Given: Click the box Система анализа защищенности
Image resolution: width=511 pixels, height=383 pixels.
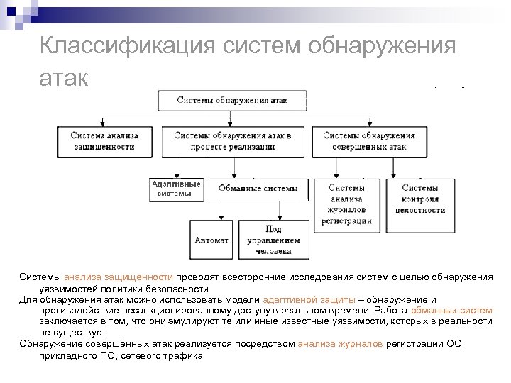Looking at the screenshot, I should click(x=104, y=140).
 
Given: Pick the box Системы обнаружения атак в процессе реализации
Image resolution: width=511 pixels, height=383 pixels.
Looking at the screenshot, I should click(x=232, y=140).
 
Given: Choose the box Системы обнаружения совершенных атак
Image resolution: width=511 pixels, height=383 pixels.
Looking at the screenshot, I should click(x=368, y=140).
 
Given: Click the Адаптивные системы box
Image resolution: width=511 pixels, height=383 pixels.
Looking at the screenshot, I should click(x=176, y=189).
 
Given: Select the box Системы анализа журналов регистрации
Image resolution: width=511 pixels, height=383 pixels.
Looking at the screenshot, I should click(x=346, y=204).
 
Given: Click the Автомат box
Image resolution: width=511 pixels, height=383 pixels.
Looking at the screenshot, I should click(x=211, y=240).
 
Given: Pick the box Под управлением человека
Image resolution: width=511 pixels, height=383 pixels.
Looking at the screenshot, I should click(x=273, y=240).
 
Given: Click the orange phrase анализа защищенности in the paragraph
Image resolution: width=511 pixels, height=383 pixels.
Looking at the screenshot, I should click(x=119, y=277).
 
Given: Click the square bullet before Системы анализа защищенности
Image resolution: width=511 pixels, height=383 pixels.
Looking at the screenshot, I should click(x=14, y=277).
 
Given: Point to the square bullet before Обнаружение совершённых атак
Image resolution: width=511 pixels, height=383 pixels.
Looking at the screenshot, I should click(x=14, y=345).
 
